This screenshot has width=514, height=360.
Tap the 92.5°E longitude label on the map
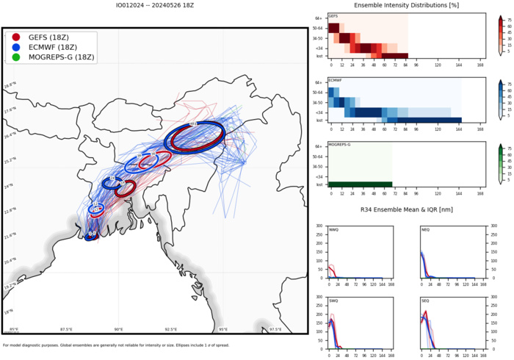pyautogui.click(x=171, y=329)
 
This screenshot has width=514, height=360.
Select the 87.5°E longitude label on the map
pyautogui.click(x=66, y=329)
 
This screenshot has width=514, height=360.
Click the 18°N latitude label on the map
pyautogui.click(x=9, y=312)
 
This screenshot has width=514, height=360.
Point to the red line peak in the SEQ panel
pyautogui.click(x=426, y=312)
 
